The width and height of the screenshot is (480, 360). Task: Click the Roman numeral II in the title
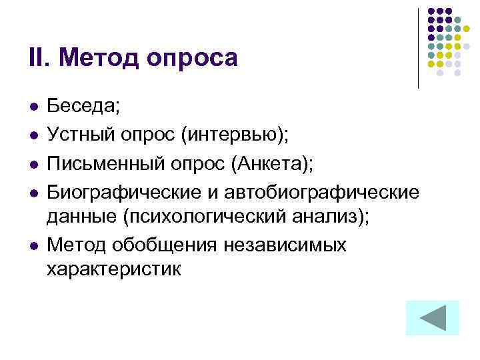(37, 57)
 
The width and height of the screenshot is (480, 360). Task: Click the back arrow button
(432, 318)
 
